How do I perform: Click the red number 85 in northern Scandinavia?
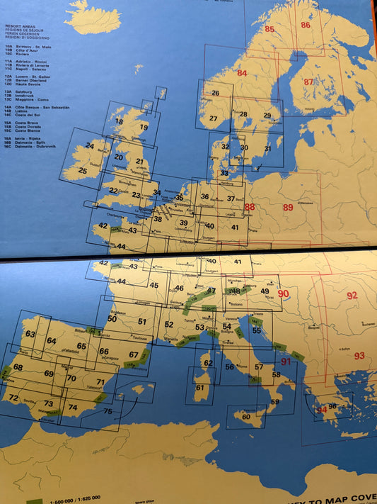(269, 29)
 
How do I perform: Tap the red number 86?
(306, 25)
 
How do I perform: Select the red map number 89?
(287, 207)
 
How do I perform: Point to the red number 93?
(359, 355)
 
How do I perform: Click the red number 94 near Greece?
(322, 410)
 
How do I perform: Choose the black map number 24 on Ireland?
(90, 146)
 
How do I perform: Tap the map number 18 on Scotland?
(119, 121)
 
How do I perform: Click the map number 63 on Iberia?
(30, 333)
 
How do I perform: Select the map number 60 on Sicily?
(246, 417)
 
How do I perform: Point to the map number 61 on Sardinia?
(199, 388)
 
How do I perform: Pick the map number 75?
(108, 411)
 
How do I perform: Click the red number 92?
(352, 295)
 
